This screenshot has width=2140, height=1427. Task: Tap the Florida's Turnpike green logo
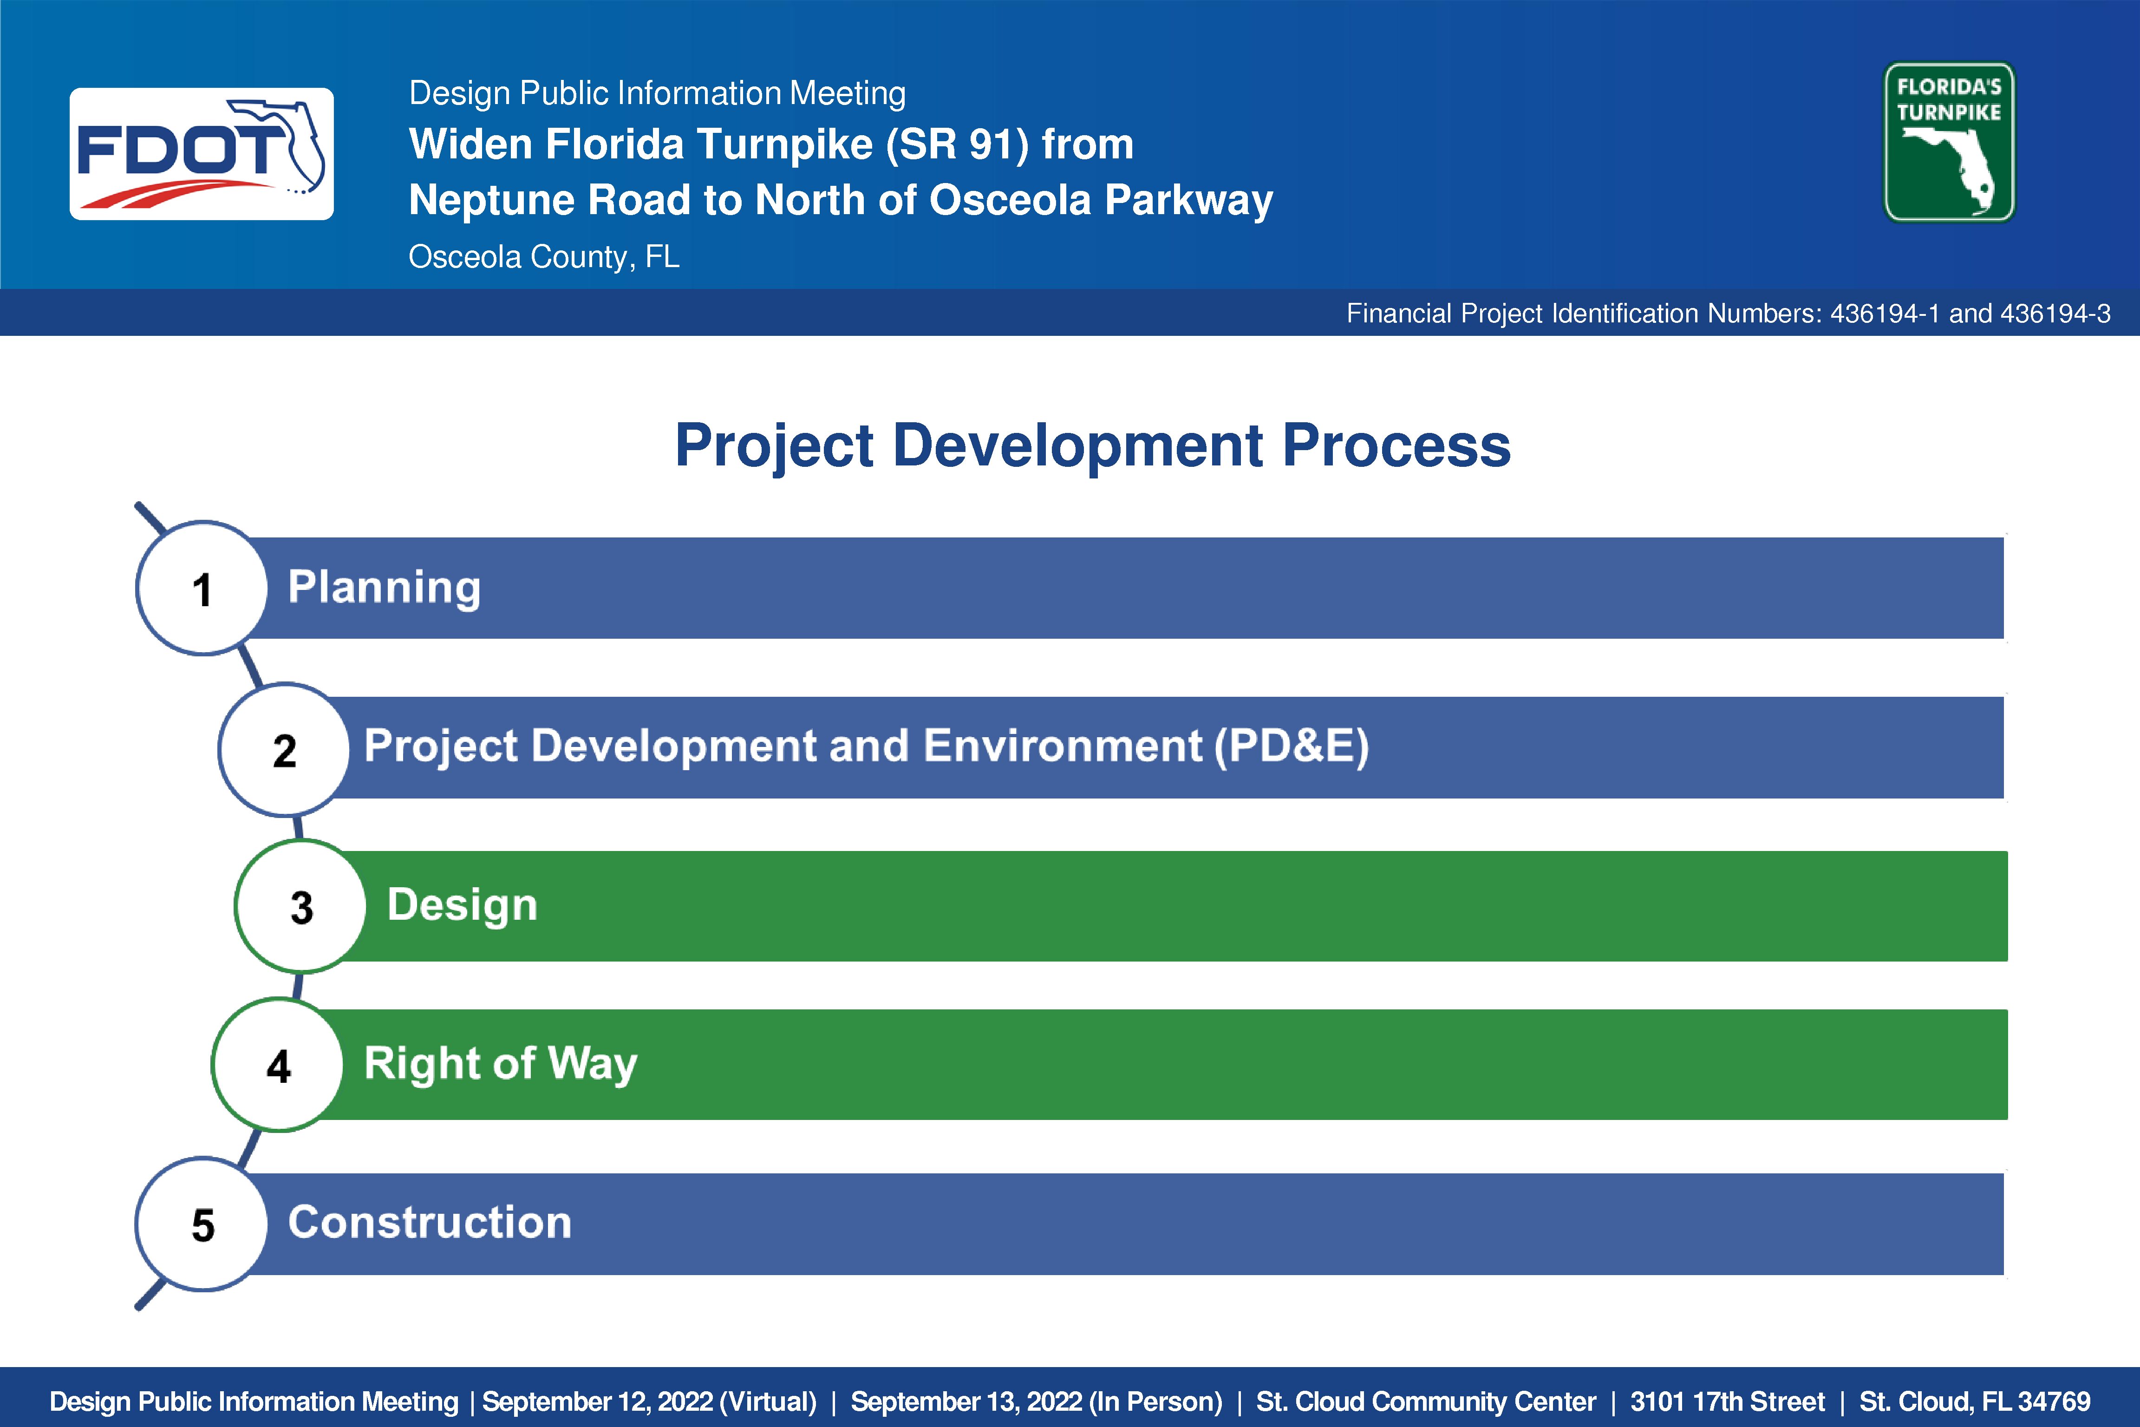coord(1949,142)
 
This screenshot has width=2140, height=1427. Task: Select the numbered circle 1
coord(202,588)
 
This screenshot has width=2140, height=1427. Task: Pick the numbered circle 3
coord(301,906)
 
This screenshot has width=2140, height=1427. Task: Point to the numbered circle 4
coord(279,1065)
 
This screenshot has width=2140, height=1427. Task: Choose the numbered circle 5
coord(202,1224)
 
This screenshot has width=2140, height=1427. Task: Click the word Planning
coord(384,588)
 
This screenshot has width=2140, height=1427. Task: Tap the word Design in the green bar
coord(462,905)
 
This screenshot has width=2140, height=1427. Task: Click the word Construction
coord(430,1222)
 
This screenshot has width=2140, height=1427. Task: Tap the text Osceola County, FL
coord(544,256)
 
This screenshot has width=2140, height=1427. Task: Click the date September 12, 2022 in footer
coord(597,1401)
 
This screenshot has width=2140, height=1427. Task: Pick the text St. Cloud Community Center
coord(1426,1401)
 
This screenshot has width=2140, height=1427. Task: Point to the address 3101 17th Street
coord(1727,1401)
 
